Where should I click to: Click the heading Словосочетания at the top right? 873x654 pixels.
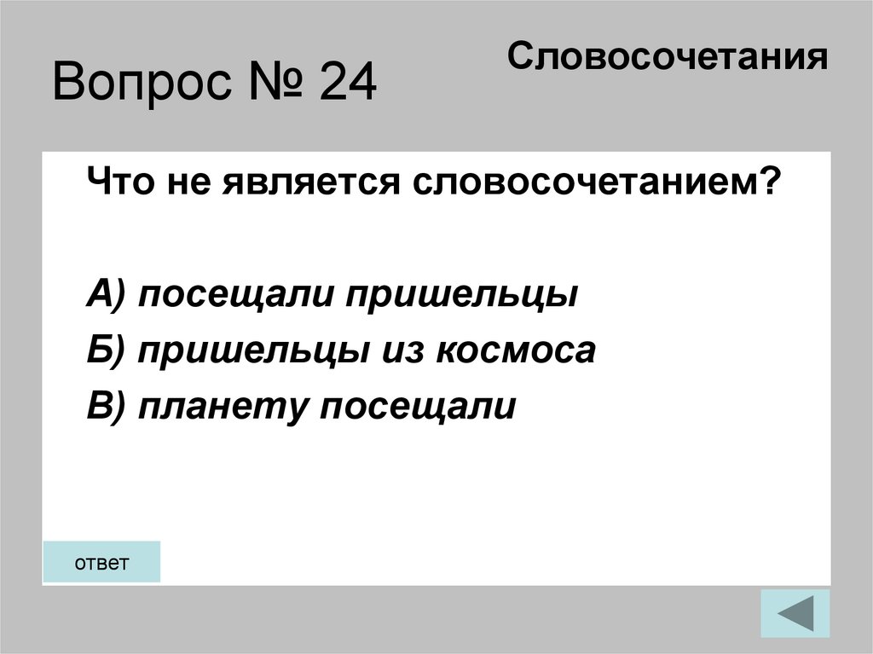click(x=668, y=58)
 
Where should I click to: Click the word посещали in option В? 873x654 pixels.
click(x=417, y=407)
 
